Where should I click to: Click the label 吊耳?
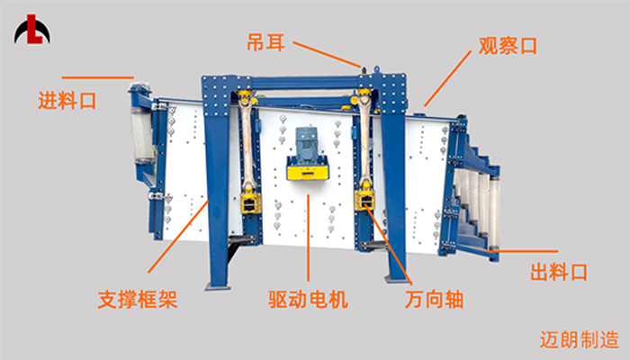click(266, 42)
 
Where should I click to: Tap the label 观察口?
click(508, 46)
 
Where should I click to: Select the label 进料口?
click(67, 101)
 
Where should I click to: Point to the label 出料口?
click(559, 272)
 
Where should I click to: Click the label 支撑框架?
click(138, 300)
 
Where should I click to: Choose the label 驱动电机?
click(308, 300)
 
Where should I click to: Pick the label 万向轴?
click(434, 300)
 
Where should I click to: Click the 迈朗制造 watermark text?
click(579, 340)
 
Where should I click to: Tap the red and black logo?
click(32, 30)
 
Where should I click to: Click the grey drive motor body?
click(306, 144)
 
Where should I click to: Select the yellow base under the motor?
click(308, 169)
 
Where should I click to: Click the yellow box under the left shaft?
click(250, 202)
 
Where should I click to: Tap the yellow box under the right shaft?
click(364, 201)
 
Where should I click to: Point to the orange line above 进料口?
click(97, 77)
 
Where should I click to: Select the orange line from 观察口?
click(447, 78)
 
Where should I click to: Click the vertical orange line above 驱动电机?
click(308, 238)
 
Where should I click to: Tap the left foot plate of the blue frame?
click(218, 287)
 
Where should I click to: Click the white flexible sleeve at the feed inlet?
click(141, 133)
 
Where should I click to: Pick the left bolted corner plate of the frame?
click(216, 95)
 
